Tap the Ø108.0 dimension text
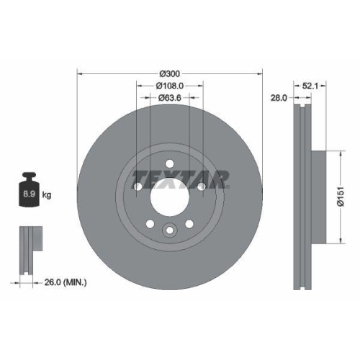169,86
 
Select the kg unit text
48,195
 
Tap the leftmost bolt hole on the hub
138,187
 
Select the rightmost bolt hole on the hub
201,187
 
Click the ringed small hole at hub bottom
169,230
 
